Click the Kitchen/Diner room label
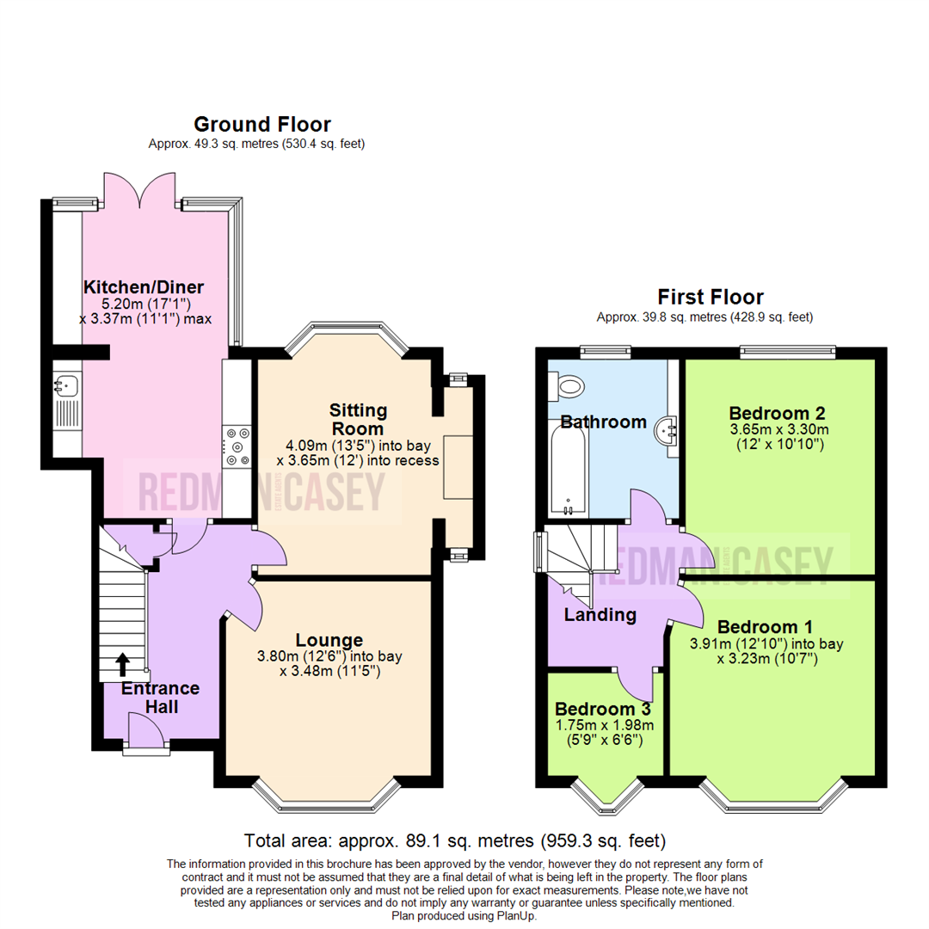coord(143,286)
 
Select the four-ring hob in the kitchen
coord(237,446)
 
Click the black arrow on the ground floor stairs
coord(122,663)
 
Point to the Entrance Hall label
coord(161,698)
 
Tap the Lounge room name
coord(329,640)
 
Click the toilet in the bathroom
coord(569,384)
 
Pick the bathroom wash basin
coord(668,428)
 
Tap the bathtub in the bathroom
coord(568,470)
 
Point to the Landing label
coord(600,615)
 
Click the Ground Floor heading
coord(261,125)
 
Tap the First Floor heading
coord(711,298)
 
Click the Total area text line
coord(455,840)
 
